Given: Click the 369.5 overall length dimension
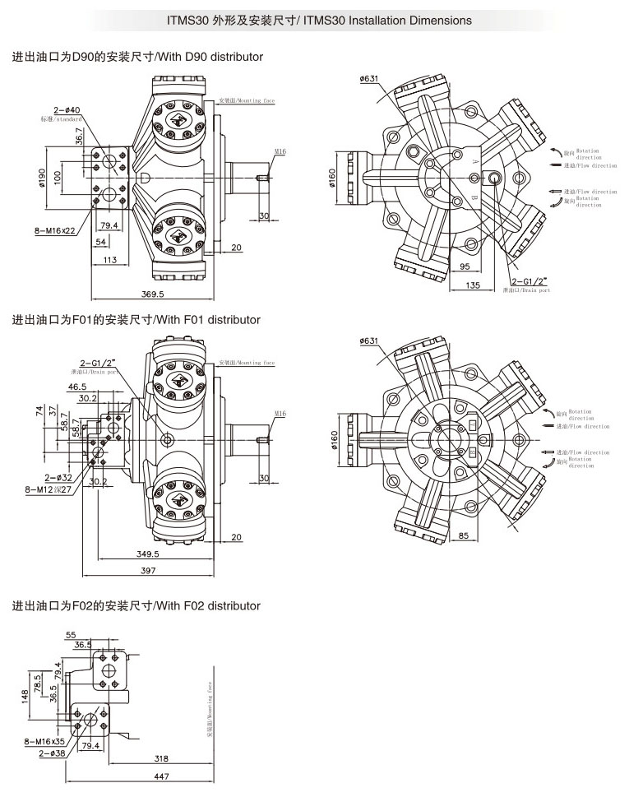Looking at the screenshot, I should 152,293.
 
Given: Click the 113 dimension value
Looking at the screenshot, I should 109,260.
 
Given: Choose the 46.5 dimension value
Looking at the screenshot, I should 77,387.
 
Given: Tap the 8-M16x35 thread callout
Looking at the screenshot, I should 45,741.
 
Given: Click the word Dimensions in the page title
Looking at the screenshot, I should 442,20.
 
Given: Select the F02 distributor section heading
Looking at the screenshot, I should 136,606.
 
